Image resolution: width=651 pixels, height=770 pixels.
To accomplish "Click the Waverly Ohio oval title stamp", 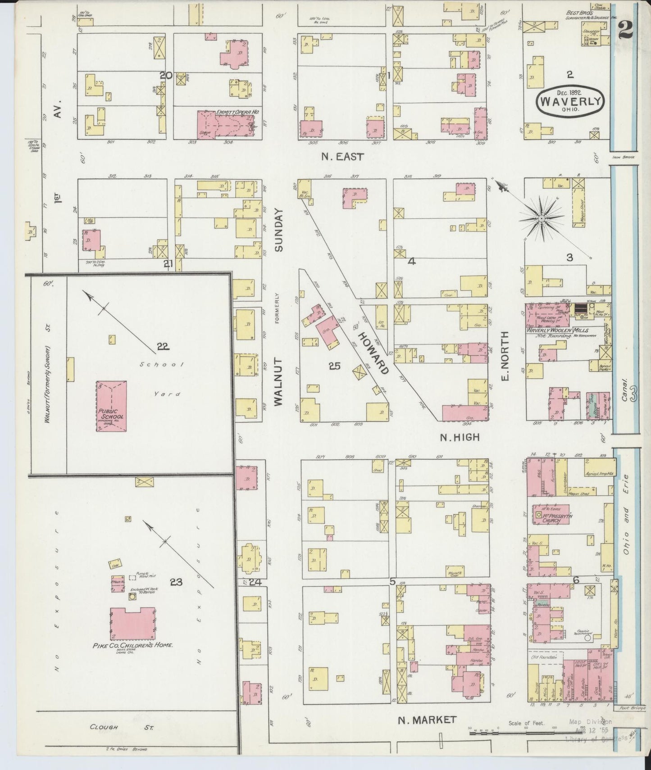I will point(570,101).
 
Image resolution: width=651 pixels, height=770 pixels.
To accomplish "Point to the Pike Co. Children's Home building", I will point(132,623).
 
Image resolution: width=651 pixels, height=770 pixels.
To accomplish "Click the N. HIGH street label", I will point(460,437).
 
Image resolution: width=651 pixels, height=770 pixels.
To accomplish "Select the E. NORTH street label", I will point(505,356).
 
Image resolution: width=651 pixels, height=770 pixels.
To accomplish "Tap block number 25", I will point(334,366).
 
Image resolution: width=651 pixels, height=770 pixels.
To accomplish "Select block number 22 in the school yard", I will point(163,346).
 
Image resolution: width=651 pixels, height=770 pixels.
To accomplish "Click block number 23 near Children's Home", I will point(176,582).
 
